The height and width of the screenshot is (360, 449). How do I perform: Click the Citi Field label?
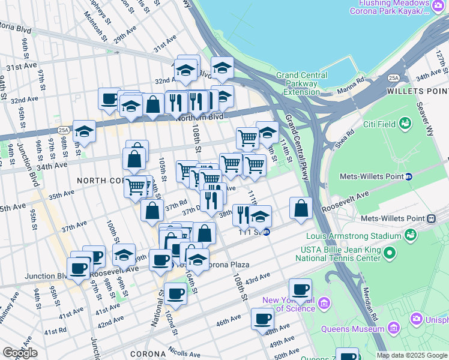coord(381,124)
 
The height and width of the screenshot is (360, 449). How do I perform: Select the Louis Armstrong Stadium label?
coord(344,236)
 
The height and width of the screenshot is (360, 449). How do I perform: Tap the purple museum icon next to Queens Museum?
coord(394,328)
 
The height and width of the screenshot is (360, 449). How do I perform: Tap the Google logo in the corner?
coord(20,353)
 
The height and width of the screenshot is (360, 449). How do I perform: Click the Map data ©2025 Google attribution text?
coord(412,355)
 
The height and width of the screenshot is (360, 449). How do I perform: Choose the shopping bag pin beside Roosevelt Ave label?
coord(301,208)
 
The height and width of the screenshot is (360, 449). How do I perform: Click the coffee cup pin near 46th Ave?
coord(262,318)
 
